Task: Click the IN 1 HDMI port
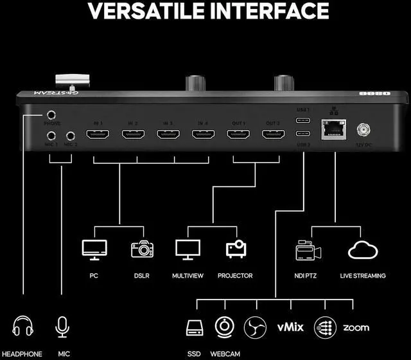pos(98,134)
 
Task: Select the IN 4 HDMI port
pos(203,134)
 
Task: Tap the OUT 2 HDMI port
pos(272,134)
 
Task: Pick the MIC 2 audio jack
pos(69,136)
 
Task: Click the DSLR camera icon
pos(142,249)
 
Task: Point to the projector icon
pos(236,249)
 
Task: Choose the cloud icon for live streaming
pos(363,249)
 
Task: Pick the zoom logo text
pos(355,327)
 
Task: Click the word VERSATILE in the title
pos(147,12)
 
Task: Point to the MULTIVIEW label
pos(188,276)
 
